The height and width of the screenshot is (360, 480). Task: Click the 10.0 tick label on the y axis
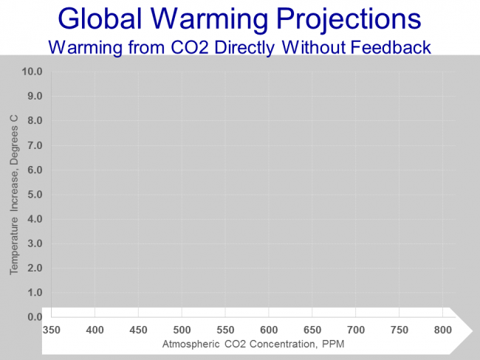[32, 72]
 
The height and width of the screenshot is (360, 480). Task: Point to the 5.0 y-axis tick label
[35, 195]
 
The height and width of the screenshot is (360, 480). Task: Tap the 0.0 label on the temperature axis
[35, 317]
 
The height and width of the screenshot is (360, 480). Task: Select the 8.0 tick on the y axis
[35, 121]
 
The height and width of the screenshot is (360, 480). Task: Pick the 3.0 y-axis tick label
[35, 243]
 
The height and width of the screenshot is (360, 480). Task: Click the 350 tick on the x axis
[51, 330]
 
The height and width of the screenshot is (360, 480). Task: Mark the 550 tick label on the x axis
[225, 330]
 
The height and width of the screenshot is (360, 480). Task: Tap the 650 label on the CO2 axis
[312, 330]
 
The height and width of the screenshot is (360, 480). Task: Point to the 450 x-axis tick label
[138, 330]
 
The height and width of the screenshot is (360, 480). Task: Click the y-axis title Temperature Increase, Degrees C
[14, 195]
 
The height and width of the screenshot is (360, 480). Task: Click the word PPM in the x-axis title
[333, 344]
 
